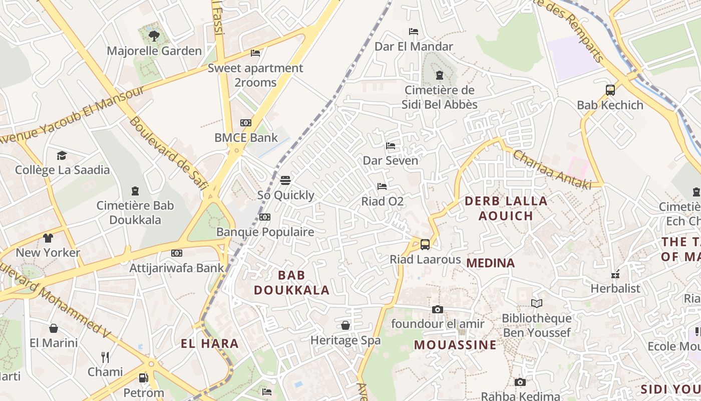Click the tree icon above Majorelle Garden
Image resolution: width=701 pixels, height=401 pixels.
[154, 36]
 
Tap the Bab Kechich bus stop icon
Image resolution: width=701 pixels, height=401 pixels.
[610, 90]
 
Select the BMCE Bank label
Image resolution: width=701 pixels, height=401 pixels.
[246, 137]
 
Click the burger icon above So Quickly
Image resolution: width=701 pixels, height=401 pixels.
[285, 180]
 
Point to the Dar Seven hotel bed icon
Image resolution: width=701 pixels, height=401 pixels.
[391, 146]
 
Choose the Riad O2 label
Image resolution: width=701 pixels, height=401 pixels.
[383, 202]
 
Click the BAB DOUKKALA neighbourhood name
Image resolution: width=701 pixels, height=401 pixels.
[291, 282]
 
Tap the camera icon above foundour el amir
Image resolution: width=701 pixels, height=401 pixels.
[438, 309]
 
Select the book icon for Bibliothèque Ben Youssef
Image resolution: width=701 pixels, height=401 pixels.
[537, 303]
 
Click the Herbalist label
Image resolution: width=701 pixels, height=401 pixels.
[615, 288]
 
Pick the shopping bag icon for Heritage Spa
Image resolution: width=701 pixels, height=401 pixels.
[345, 325]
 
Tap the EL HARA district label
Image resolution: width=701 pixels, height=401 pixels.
[209, 344]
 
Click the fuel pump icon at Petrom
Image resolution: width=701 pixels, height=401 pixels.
[144, 377]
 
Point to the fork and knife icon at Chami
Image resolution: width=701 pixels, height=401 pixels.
[105, 357]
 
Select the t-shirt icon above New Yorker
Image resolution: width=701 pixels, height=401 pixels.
[48, 238]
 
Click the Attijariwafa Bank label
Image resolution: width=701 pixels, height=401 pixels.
[177, 268]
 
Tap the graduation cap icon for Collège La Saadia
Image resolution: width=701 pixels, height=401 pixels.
[62, 155]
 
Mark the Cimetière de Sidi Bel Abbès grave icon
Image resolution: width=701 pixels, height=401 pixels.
[440, 75]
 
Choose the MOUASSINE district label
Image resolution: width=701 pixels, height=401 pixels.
[455, 345]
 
